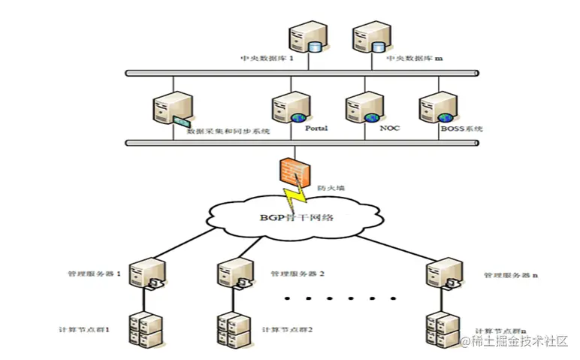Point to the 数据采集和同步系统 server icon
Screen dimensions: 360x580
169,110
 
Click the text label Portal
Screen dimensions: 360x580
316,129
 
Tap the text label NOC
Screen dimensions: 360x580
390,129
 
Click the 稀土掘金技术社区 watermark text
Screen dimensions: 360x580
518,342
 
